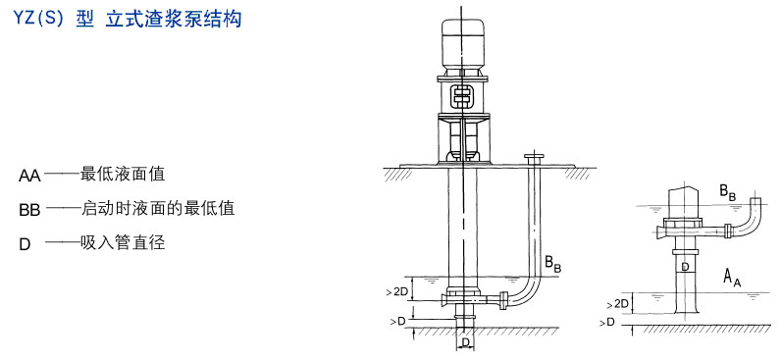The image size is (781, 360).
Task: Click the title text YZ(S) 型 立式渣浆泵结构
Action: click(x=128, y=19)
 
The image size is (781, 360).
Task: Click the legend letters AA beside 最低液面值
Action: click(x=29, y=176)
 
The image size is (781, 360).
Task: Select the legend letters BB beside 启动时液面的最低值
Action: click(x=29, y=210)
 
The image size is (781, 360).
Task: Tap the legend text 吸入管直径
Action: click(x=123, y=242)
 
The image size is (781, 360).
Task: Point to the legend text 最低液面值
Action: click(x=123, y=175)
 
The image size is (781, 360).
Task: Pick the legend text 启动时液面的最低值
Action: click(x=157, y=208)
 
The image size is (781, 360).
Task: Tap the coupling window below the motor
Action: click(x=462, y=95)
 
